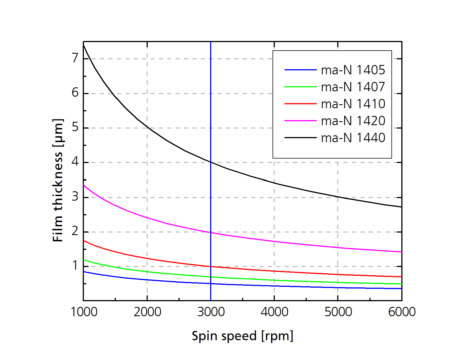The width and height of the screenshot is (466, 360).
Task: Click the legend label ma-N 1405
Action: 353,70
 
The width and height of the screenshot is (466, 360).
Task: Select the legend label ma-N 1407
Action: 353,87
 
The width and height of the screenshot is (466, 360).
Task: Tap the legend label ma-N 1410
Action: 353,104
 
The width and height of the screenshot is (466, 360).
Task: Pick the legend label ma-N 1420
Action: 353,121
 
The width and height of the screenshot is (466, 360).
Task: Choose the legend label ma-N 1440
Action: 353,138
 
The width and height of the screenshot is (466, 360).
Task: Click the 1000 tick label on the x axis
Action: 84,312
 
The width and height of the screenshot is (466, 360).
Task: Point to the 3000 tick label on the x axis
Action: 211,312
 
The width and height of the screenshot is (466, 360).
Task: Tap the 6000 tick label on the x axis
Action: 402,312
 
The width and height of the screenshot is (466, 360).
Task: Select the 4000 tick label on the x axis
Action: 274,312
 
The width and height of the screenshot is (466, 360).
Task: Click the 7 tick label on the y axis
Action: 75,58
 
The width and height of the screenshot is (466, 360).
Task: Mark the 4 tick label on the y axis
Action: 75,162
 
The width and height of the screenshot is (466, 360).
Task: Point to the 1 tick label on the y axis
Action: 75,266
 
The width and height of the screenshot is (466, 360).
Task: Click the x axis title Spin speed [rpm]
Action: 242,336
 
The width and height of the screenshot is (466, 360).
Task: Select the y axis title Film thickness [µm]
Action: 58,180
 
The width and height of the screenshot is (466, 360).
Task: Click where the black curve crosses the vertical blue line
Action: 211,162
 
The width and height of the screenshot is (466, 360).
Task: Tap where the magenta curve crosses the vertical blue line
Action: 211,232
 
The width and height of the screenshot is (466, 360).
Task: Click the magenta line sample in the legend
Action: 300,121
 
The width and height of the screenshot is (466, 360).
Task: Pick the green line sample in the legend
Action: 300,87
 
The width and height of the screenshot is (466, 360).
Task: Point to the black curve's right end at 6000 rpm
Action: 401,207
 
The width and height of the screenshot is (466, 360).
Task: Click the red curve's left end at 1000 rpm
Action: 84,241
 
